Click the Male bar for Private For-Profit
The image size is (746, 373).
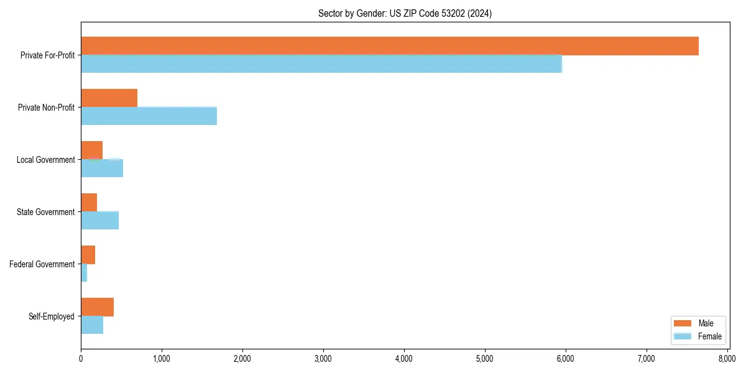tap(390, 46)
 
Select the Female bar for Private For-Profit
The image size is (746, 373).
tap(321, 63)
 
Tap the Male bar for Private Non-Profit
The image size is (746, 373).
tap(109, 98)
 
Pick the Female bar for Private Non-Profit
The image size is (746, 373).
tap(149, 116)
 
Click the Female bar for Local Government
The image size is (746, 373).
tap(102, 168)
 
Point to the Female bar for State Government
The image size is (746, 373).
tap(99, 220)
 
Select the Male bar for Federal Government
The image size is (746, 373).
tap(88, 255)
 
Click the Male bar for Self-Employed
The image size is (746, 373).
tap(97, 307)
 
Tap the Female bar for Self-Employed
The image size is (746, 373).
tap(92, 325)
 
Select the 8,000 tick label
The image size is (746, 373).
tap(727, 359)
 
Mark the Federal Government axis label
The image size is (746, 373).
tap(42, 264)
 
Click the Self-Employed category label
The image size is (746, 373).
tap(52, 316)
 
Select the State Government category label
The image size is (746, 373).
tap(45, 212)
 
